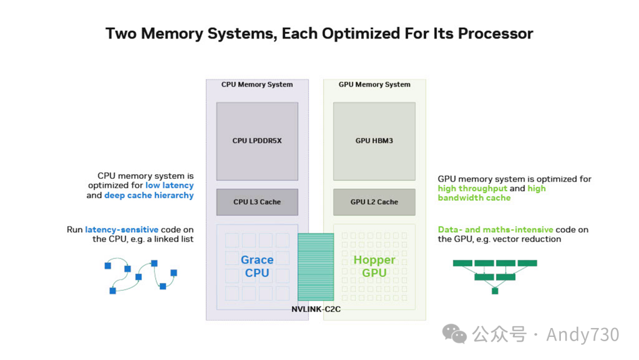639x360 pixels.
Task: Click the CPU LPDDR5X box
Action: click(257, 141)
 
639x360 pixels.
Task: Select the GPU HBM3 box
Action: click(374, 141)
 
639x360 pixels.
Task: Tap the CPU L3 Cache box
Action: click(257, 202)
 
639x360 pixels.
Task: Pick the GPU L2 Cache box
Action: click(374, 202)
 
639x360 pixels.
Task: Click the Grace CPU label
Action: click(257, 266)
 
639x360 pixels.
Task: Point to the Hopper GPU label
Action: click(374, 266)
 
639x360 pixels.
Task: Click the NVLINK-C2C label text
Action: click(316, 310)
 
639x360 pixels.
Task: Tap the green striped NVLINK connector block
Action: click(316, 266)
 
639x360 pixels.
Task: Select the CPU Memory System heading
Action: click(257, 85)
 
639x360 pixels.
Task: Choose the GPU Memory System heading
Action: click(374, 85)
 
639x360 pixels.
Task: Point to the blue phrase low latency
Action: click(170, 185)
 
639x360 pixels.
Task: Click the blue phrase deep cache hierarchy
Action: click(149, 195)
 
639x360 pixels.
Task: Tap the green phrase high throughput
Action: click(472, 188)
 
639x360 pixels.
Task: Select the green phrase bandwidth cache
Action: click(474, 198)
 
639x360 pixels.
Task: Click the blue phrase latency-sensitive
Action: click(121, 230)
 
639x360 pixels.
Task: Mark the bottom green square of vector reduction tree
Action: click(495, 291)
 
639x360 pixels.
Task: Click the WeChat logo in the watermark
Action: click(454, 334)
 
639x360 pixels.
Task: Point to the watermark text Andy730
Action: click(583, 335)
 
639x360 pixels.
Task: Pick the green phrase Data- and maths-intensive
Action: click(496, 230)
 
